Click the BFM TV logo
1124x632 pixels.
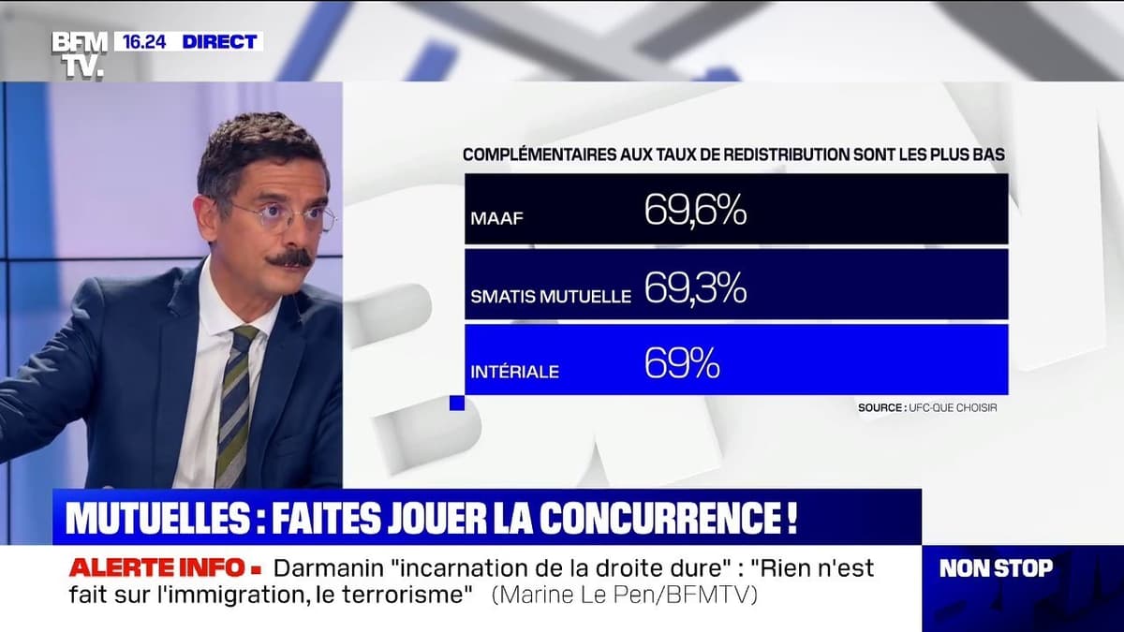[79, 53]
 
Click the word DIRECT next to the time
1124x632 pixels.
[219, 41]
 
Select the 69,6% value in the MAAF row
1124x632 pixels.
[695, 211]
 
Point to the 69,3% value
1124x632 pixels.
[695, 289]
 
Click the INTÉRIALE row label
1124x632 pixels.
[515, 372]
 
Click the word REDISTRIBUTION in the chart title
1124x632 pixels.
[769, 154]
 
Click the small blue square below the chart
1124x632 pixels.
[457, 403]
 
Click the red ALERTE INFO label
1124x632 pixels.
[164, 567]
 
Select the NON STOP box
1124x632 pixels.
[996, 567]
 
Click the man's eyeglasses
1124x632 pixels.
[281, 217]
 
